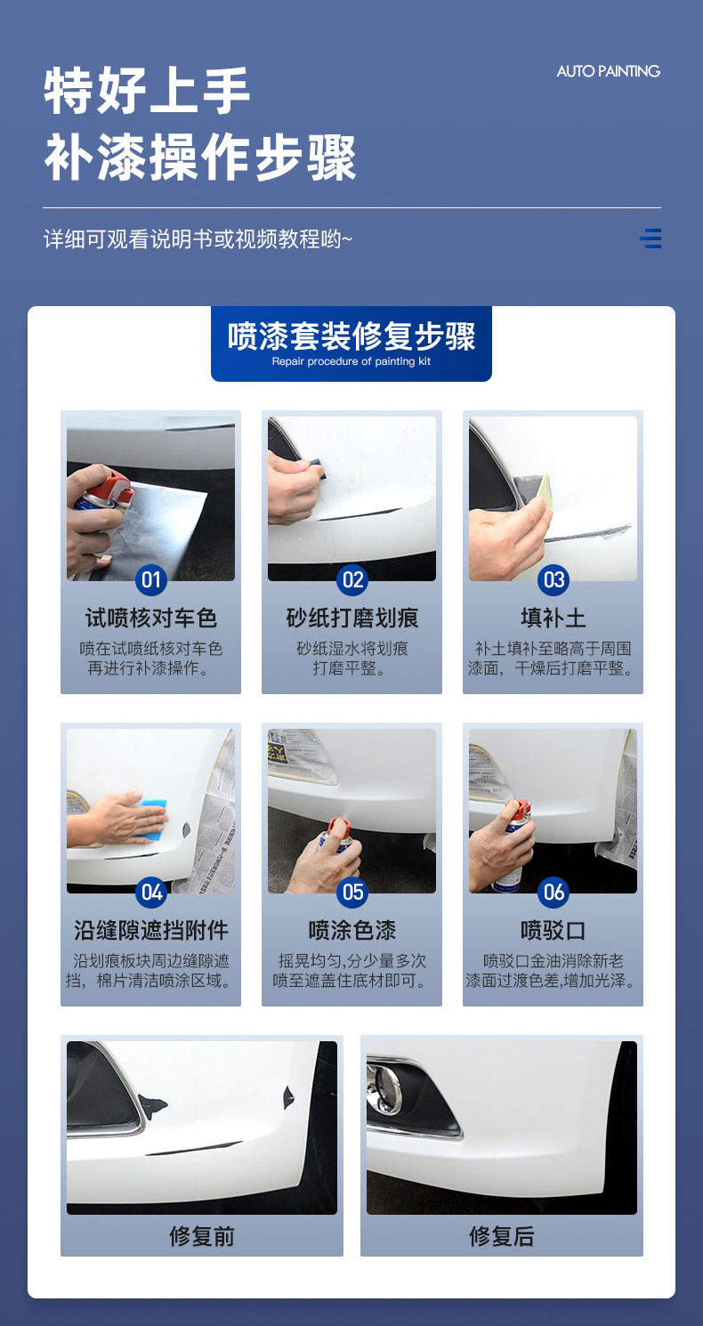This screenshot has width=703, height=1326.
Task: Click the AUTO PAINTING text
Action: [x=608, y=71]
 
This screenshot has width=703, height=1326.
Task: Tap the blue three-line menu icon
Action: [x=650, y=238]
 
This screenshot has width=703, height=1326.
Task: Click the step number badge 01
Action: [x=151, y=579]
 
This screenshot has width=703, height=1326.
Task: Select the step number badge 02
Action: [x=352, y=579]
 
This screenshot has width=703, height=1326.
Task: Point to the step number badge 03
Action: [x=554, y=579]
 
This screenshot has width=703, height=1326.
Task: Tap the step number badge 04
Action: [x=151, y=892]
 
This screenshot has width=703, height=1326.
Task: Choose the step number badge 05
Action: [x=352, y=892]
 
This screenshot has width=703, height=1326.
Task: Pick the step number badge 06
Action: [x=554, y=892]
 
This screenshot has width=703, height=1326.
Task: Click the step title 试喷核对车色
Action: [x=151, y=618]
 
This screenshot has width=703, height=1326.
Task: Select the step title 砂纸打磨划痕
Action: [x=352, y=618]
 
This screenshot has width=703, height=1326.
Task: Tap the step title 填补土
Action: [x=554, y=618]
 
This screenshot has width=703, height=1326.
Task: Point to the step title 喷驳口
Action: [x=554, y=931]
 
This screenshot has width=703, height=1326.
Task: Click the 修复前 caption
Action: [x=202, y=1236]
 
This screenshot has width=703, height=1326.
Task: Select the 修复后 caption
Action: [x=502, y=1236]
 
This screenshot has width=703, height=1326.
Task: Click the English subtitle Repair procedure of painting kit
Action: [x=351, y=361]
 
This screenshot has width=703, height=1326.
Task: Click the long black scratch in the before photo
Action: [x=193, y=1148]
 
